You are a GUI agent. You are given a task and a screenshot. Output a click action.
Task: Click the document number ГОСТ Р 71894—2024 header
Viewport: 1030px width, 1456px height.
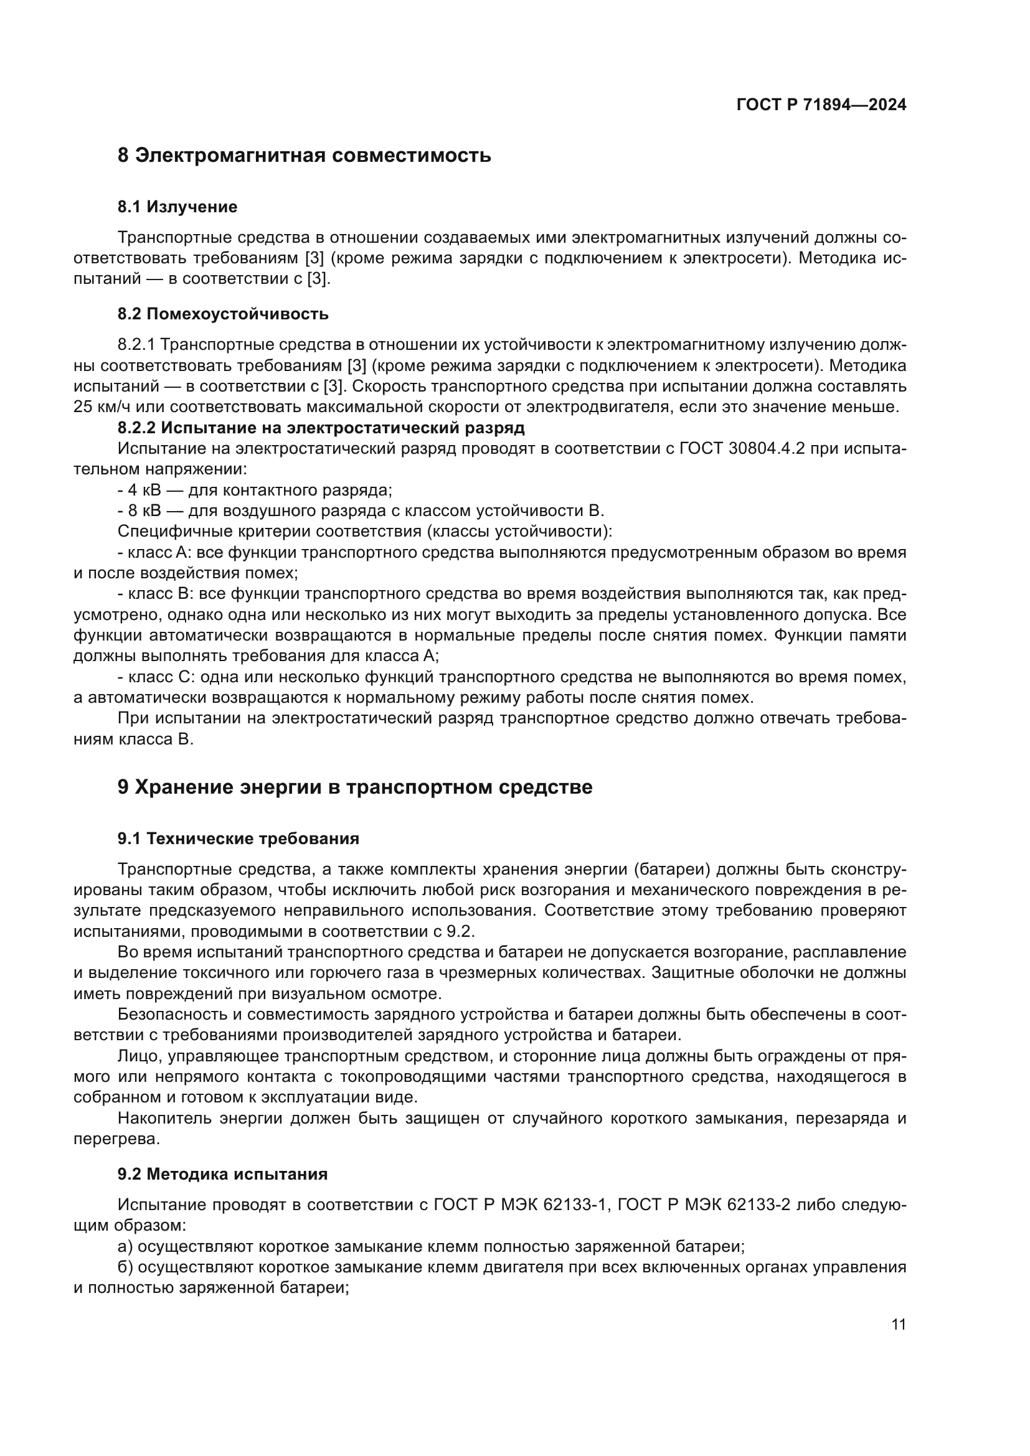point(821,105)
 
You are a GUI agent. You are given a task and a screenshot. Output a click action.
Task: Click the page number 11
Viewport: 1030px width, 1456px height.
point(898,1324)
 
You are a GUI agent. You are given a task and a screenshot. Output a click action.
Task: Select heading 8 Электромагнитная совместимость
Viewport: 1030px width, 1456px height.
point(304,156)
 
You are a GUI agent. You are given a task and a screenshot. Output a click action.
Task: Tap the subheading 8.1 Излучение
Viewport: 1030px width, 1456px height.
point(177,207)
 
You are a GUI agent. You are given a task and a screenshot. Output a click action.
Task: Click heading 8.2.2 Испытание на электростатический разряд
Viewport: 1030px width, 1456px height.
point(321,428)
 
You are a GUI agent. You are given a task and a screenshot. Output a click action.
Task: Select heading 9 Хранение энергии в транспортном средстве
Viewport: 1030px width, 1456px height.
point(354,787)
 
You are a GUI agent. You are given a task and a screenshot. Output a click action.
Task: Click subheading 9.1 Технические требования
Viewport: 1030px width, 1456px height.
point(238,838)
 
